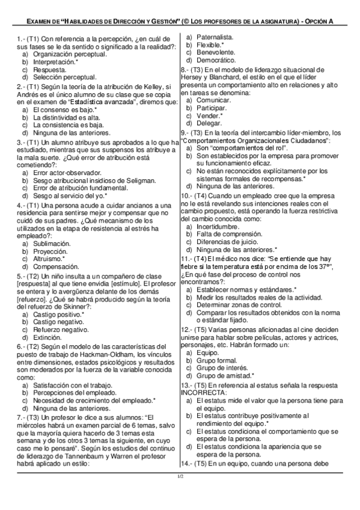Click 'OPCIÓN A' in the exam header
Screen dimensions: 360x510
[331, 21]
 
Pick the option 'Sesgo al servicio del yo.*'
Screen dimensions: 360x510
[70, 195]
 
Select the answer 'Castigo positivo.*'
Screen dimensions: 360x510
[59, 314]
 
